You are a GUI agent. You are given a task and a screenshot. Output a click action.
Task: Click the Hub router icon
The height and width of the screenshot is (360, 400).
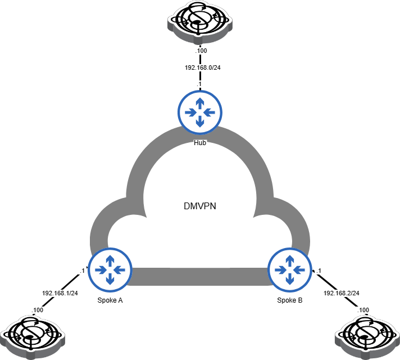[x=200, y=112]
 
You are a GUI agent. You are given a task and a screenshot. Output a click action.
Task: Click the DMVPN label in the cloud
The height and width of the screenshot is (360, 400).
[x=200, y=206]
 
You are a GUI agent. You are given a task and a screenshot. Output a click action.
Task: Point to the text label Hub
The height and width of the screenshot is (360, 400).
[x=200, y=143]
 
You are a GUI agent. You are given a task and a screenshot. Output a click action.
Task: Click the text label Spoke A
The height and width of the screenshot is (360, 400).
[x=110, y=300]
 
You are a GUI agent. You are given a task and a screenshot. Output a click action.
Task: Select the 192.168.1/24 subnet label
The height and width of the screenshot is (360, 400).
[x=60, y=293]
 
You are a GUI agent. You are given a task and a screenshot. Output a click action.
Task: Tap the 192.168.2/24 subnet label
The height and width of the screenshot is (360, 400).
[x=341, y=293]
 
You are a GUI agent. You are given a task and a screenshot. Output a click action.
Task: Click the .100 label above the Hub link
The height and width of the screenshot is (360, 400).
[x=200, y=51]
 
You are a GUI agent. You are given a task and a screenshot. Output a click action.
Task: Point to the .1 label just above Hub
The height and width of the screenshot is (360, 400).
[x=199, y=84]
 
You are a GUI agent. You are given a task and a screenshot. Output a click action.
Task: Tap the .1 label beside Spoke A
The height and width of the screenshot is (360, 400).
[x=82, y=271]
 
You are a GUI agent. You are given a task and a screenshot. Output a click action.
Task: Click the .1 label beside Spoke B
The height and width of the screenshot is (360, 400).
[x=318, y=271]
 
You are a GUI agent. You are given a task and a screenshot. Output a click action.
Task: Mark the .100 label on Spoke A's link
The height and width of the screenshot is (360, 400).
[x=37, y=310]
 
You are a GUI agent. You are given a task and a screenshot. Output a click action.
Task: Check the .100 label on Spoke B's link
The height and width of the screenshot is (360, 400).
[x=363, y=310]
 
